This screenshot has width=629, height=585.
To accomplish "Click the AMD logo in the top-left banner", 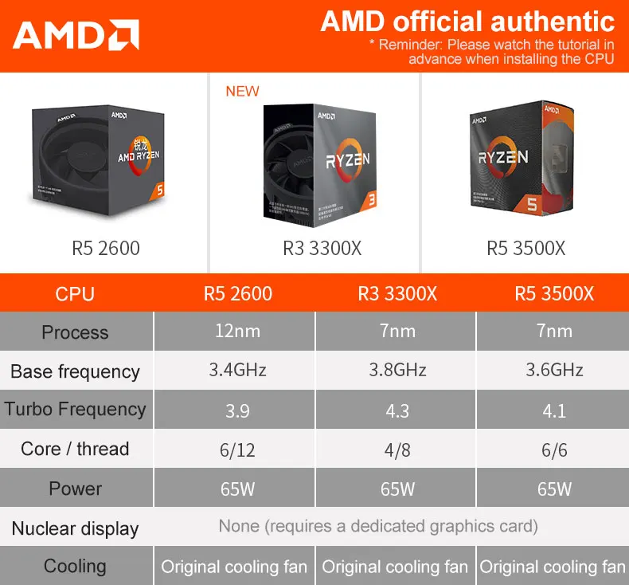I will coord(76,36).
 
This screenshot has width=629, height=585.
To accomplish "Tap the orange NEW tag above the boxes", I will coord(242,91).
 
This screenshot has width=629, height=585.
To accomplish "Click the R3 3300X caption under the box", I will coord(322,249).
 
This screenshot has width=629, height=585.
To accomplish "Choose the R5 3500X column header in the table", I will coord(553,294).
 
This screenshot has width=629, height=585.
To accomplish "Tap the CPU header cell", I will coord(75,294).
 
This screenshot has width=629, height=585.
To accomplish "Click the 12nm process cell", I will coord(236,332).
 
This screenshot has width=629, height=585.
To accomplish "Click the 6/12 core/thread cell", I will coord(236,450).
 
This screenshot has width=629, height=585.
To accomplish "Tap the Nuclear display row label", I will coord(75,528).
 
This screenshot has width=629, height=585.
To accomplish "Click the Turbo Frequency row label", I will coord(75,410).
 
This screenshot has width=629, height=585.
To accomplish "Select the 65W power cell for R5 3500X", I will coord(553,489).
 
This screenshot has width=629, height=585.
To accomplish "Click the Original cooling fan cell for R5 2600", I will coord(234,567).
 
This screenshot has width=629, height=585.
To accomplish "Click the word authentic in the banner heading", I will coord(549,22).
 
